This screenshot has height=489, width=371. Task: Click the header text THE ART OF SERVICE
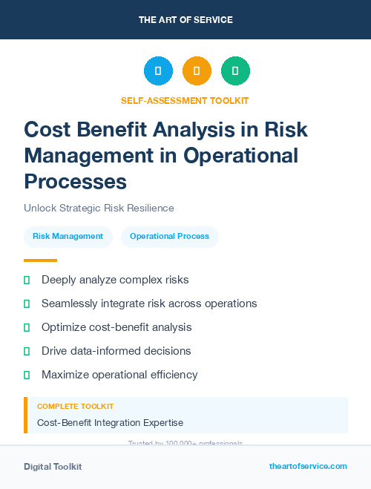[x=185, y=20]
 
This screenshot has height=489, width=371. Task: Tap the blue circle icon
[x=158, y=70]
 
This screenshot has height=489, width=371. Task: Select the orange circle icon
[x=197, y=70]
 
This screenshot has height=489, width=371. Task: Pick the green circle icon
[x=235, y=70]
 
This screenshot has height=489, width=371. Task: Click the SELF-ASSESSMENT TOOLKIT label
[x=185, y=100]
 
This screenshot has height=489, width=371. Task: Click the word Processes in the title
[x=76, y=181]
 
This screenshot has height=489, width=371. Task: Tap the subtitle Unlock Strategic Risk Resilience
[x=99, y=209]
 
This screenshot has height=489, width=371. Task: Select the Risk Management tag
[x=68, y=237]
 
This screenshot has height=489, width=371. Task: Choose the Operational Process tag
[x=169, y=237]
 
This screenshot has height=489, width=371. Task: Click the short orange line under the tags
[x=40, y=260]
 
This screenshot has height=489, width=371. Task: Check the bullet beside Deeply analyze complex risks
[x=27, y=280]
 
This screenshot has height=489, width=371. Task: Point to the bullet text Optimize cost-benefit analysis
[x=116, y=327]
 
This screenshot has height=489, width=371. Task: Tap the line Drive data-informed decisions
[x=116, y=351]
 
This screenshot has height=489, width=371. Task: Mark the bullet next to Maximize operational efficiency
[x=27, y=375]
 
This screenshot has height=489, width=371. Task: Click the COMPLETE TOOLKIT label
[x=75, y=407]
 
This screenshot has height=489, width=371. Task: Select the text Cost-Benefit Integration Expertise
[x=110, y=422]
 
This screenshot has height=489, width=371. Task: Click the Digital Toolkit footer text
[x=53, y=467]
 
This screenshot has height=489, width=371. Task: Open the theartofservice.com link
[x=308, y=466]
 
